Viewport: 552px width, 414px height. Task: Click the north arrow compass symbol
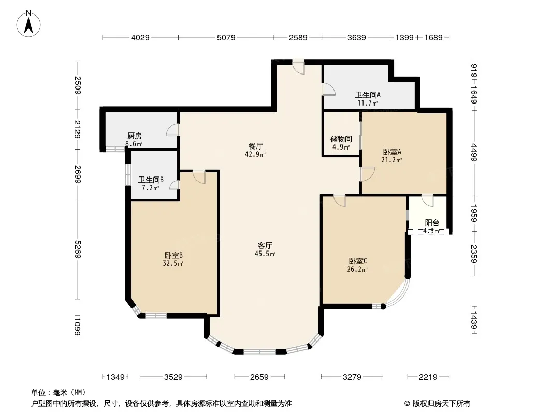(x=28, y=23)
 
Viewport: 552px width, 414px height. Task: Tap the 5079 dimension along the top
(x=226, y=38)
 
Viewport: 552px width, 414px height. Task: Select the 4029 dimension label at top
(x=140, y=38)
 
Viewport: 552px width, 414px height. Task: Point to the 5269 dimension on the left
(x=78, y=249)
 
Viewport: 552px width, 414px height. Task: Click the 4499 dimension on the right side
(x=474, y=153)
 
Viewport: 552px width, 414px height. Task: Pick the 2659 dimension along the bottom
(x=259, y=377)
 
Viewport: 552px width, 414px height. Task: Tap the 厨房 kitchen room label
(x=135, y=136)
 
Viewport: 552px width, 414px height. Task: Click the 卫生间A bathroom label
(x=368, y=95)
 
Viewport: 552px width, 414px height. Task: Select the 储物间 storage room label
(x=341, y=139)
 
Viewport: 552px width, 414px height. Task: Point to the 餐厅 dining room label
(x=256, y=146)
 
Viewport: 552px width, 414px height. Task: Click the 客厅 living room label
(x=265, y=245)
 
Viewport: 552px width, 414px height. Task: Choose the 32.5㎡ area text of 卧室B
(x=173, y=263)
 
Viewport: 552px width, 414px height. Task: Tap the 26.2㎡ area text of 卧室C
(x=357, y=270)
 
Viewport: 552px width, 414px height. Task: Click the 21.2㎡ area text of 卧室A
(x=391, y=160)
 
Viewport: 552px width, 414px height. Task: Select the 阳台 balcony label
(x=432, y=223)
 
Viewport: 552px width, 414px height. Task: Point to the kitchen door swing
(x=172, y=130)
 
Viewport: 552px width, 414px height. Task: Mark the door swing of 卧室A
(x=368, y=174)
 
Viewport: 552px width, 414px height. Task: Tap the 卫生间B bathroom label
(x=151, y=180)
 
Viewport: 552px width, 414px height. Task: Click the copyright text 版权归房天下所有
(x=441, y=404)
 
